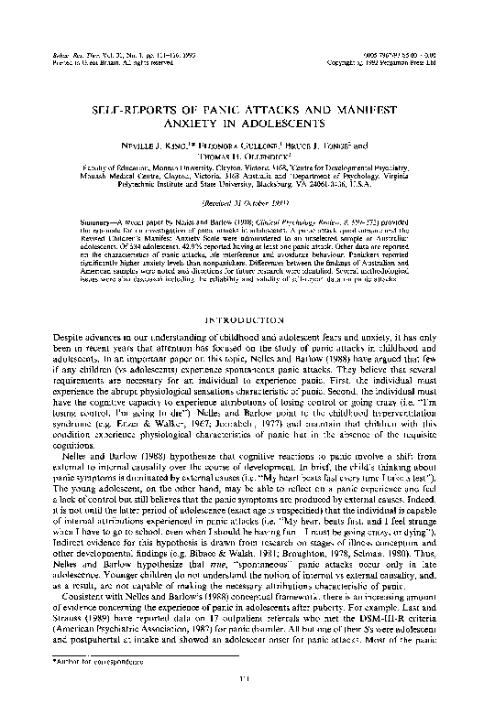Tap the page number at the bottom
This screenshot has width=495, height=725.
click(x=247, y=702)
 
